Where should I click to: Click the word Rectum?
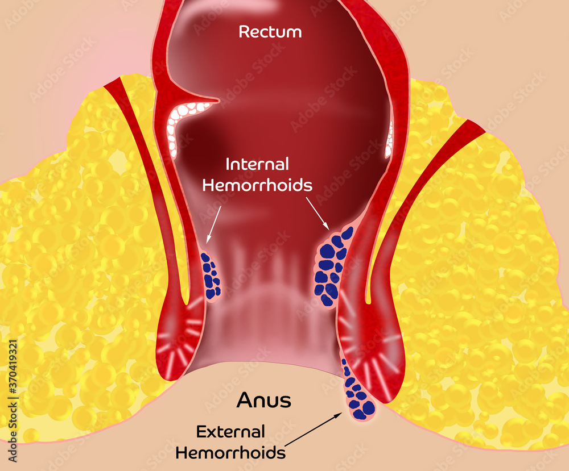270,32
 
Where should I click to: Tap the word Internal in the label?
257,165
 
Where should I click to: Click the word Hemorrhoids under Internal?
257,185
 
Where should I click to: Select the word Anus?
263,401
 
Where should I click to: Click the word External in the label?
230,432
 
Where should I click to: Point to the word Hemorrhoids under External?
230,453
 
